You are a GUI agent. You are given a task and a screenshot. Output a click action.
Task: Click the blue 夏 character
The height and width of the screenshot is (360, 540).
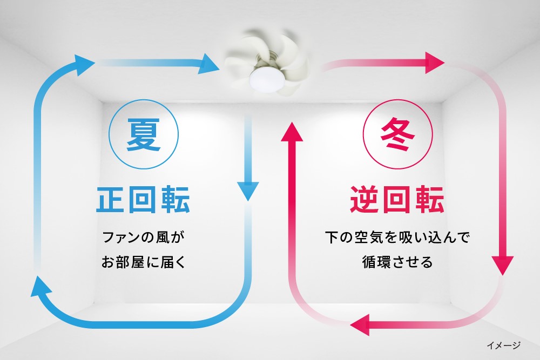(143, 134)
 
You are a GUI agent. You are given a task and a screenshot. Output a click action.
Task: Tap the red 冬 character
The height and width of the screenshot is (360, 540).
(397, 134)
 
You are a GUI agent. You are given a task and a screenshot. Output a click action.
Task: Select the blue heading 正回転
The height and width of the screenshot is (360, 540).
(143, 199)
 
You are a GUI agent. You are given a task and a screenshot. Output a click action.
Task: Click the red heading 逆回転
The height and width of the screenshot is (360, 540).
(397, 199)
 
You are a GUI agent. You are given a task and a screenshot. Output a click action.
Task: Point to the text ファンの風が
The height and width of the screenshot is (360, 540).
(143, 237)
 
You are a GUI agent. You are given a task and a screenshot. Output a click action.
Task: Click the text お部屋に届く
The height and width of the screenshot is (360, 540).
(143, 262)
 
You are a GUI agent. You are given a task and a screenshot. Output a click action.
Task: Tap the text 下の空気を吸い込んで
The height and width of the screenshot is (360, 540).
(397, 237)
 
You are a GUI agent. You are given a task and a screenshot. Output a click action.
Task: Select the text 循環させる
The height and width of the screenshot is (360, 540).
(397, 262)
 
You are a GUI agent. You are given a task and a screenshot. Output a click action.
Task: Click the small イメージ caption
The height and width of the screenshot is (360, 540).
(503, 345)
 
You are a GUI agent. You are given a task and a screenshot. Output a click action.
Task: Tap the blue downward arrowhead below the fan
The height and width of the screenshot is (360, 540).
(248, 191)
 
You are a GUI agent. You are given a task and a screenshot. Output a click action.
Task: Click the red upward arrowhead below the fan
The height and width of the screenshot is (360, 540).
(292, 132)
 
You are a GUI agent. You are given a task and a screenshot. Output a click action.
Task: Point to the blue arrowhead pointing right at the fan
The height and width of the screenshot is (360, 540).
(208, 64)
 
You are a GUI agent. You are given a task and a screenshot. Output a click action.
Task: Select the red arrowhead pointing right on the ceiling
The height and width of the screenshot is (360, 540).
(435, 63)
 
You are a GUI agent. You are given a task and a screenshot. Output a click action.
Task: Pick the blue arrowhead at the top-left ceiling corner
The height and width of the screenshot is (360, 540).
(83, 64)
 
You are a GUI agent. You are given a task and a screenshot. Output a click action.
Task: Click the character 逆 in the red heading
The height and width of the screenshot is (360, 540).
(364, 199)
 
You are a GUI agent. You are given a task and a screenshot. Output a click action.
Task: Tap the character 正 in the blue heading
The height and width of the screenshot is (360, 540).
(110, 199)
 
